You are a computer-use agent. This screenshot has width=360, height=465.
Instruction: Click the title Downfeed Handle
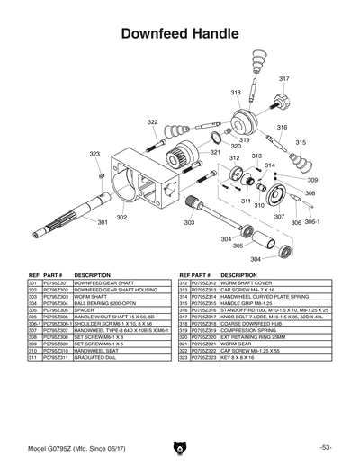point(179,33)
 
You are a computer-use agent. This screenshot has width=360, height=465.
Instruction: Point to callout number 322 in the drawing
point(153,121)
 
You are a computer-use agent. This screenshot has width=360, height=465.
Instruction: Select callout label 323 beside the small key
point(94,154)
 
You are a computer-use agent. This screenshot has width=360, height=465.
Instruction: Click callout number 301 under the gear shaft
point(103,222)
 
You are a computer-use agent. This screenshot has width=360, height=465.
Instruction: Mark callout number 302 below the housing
point(121,217)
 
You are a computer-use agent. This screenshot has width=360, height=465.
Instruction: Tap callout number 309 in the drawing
point(312,180)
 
